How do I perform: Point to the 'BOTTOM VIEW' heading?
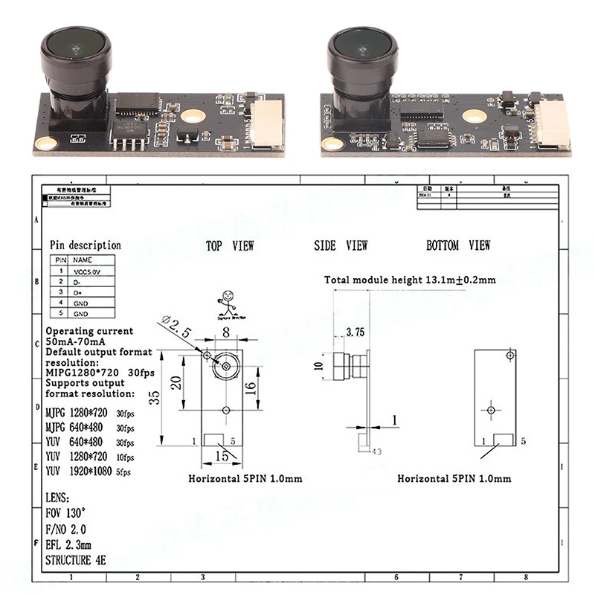point(458,245)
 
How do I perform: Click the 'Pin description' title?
point(85,245)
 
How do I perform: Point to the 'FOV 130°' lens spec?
point(65,514)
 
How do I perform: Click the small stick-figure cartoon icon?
point(226,303)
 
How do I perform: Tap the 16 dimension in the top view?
point(251,387)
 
